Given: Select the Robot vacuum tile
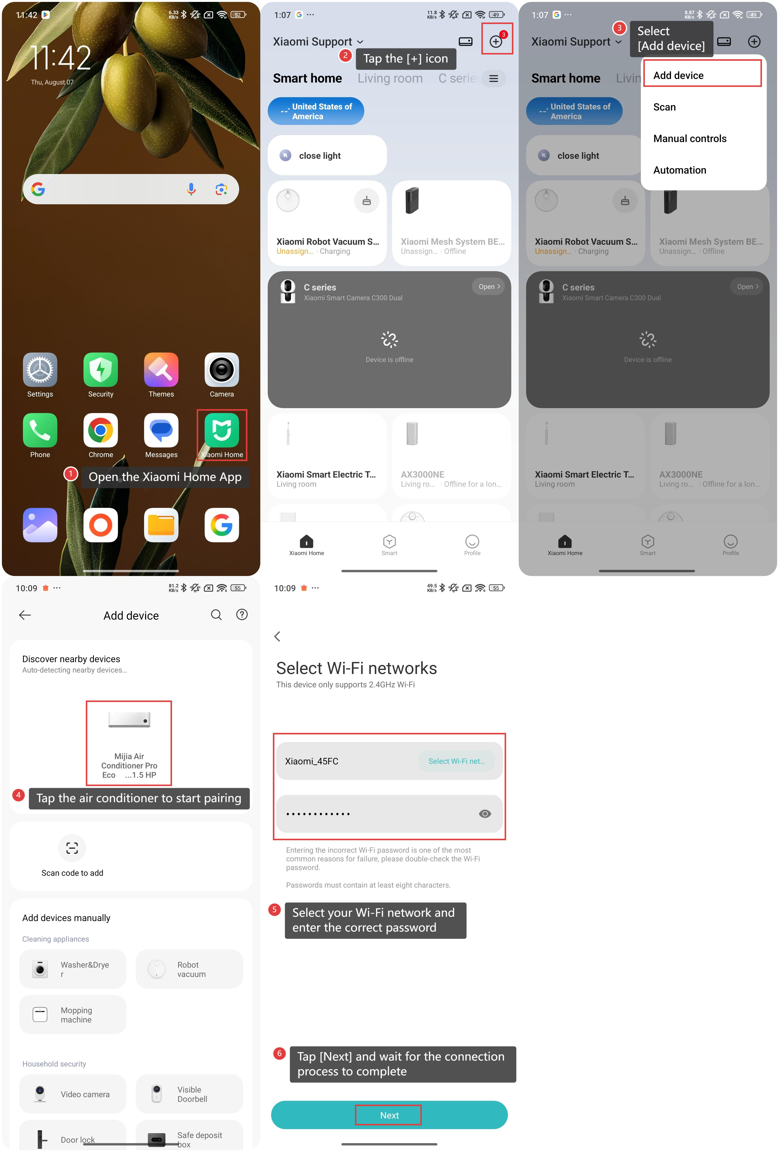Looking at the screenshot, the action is point(189,969).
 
